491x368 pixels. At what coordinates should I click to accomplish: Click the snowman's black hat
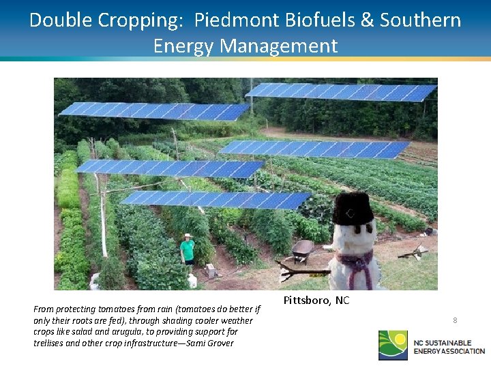pyautogui.click(x=353, y=209)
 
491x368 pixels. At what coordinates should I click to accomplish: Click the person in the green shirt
pyautogui.click(x=187, y=251)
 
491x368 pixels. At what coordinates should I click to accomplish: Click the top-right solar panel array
pyautogui.click(x=341, y=91)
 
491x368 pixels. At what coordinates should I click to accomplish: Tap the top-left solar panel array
pyautogui.click(x=153, y=110)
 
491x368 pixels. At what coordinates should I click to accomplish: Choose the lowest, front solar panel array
pyautogui.click(x=215, y=199)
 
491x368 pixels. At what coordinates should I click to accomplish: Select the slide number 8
pyautogui.click(x=455, y=320)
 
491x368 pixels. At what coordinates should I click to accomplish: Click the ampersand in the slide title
pyautogui.click(x=368, y=20)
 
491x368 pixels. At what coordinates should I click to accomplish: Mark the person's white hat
pyautogui.click(x=187, y=236)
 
